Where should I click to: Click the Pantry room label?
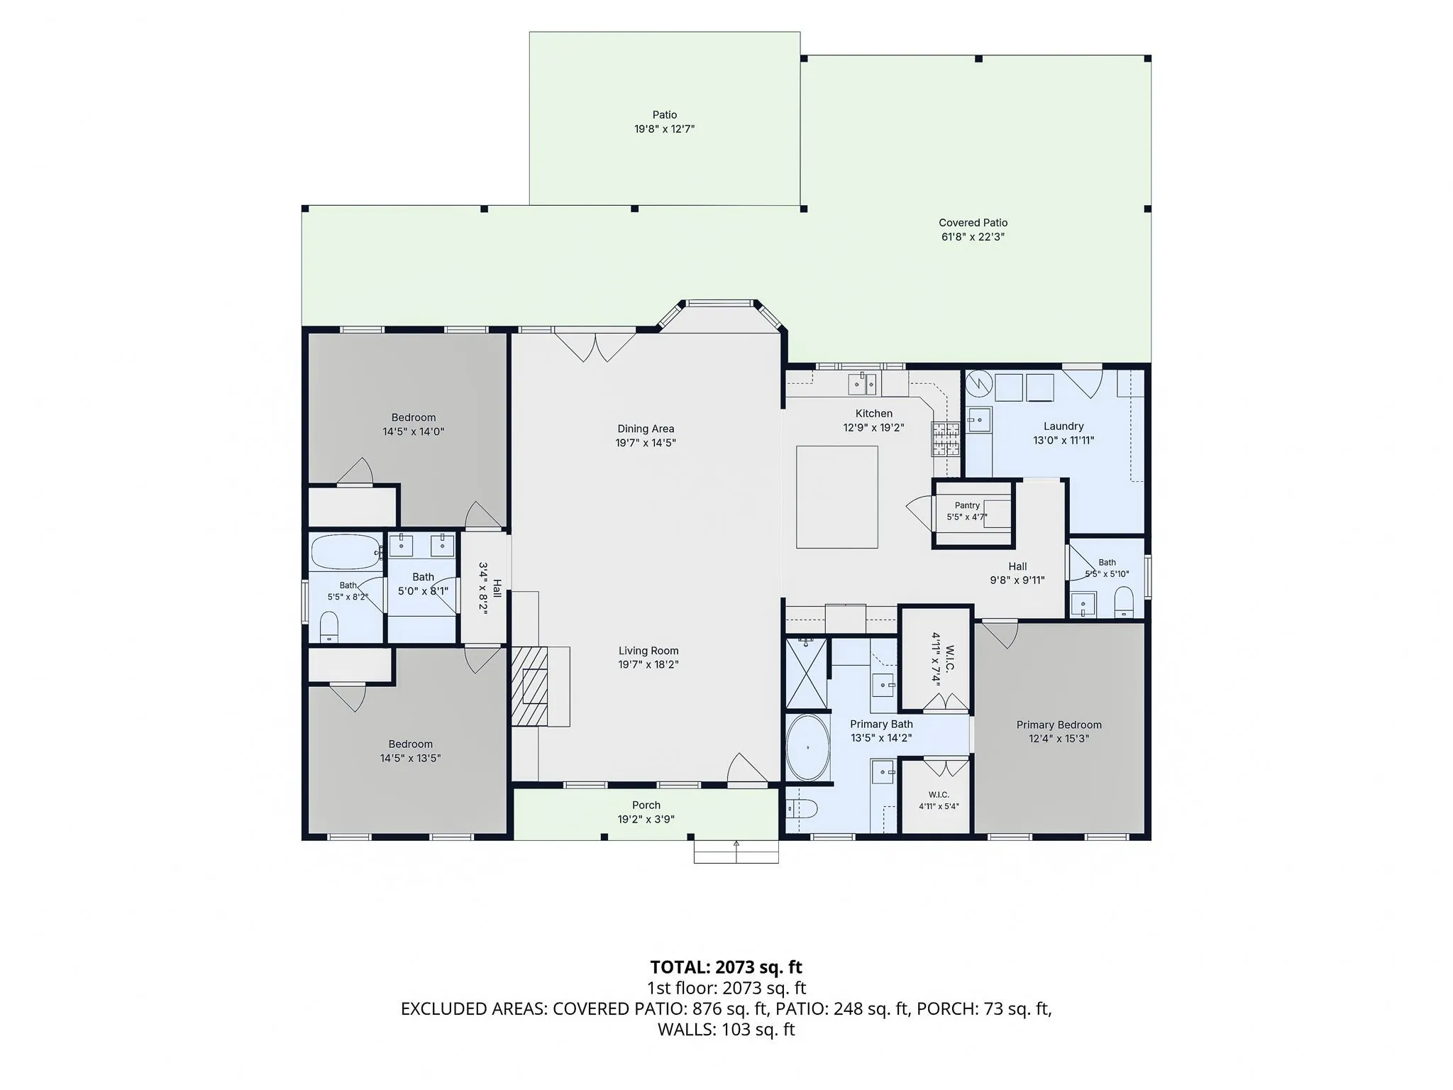(x=967, y=505)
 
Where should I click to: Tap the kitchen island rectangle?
(x=836, y=497)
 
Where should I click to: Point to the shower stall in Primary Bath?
(x=807, y=673)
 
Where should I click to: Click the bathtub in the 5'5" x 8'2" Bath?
(x=346, y=552)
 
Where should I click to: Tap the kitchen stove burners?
(x=946, y=439)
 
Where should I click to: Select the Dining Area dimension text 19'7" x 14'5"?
(x=646, y=443)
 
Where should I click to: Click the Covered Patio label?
(x=973, y=223)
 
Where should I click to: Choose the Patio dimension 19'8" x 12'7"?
(x=665, y=129)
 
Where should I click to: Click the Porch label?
(x=646, y=805)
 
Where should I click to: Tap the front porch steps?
(x=736, y=852)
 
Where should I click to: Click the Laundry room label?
(x=1063, y=426)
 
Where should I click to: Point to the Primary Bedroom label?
(x=1059, y=725)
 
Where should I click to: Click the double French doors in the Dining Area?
(x=595, y=346)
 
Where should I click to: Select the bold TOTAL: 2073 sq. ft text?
(x=726, y=967)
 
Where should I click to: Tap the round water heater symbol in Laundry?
(x=978, y=384)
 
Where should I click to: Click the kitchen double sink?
(x=863, y=384)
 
